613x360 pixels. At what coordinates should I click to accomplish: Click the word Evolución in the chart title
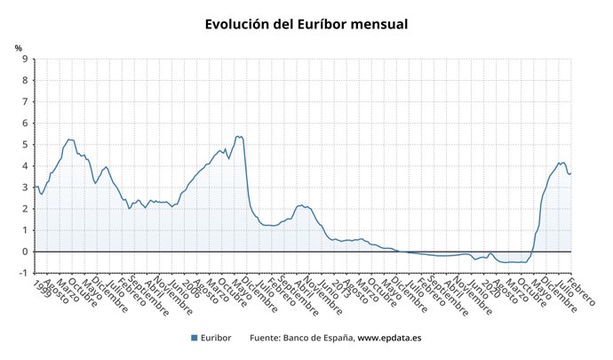[x=238, y=25]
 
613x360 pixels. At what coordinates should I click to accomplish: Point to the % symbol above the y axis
[x=19, y=47]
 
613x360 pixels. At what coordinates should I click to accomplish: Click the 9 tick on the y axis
[x=25, y=60]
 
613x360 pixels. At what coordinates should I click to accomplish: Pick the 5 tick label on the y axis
[x=25, y=145]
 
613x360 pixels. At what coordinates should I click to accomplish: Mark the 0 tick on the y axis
[x=25, y=252]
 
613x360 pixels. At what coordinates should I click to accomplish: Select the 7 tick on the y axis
[x=25, y=102]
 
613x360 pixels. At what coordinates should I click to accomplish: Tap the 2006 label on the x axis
[x=190, y=288]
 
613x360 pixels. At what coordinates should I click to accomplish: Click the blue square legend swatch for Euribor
[x=195, y=338]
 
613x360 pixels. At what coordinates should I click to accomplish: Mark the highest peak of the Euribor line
[x=237, y=136]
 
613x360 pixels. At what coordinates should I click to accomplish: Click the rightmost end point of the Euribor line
[x=570, y=173]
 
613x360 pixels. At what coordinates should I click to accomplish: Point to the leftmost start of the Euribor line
[x=35, y=186]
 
